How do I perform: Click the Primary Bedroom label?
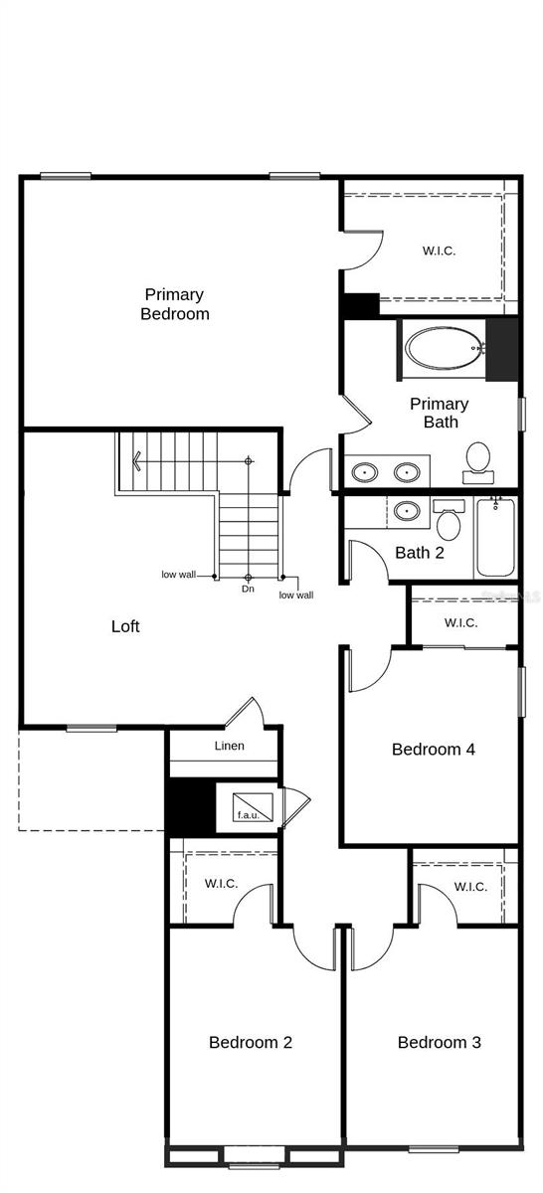pos(175,304)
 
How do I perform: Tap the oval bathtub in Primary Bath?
pos(444,349)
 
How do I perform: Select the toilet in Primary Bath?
pos(478,459)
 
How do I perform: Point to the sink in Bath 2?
pos(406,512)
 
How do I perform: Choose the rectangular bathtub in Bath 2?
pos(495,538)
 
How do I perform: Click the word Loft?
pos(125,626)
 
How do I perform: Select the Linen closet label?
pos(230,746)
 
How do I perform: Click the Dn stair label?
pos(248,590)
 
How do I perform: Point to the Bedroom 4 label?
pos(433,750)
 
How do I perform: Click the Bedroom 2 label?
pos(251,1042)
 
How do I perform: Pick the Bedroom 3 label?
pos(440,1042)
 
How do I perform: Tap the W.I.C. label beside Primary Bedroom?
pos(439,251)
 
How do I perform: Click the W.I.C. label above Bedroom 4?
pos(460,623)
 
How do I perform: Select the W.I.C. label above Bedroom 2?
pos(221,883)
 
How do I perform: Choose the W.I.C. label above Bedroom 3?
pos(470,887)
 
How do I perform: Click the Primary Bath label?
pos(440,413)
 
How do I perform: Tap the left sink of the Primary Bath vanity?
pos(365,471)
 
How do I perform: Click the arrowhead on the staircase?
pos(135,461)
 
